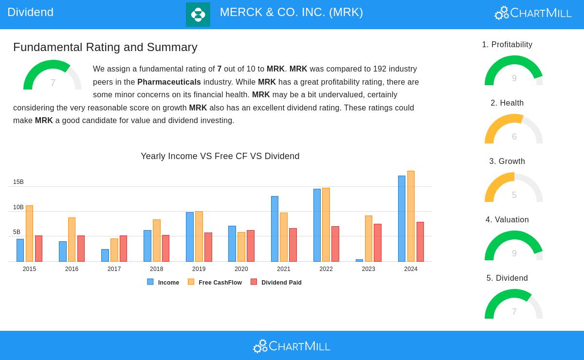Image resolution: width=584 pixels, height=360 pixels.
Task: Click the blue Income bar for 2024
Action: pos(401,218)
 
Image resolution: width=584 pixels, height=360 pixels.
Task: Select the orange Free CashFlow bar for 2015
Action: pos(29,234)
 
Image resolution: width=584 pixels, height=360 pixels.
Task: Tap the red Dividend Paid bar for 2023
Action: pos(378,243)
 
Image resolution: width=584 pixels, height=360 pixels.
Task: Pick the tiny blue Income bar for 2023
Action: pos(359,260)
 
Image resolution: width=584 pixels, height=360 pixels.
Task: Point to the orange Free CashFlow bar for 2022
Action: pos(326,225)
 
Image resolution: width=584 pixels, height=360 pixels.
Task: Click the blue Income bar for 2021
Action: pos(274,229)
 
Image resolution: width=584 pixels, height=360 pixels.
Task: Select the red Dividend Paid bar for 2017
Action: pos(123,249)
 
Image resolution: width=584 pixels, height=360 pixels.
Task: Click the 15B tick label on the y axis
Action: pos(18,182)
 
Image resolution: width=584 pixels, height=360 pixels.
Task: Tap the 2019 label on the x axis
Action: pos(199,269)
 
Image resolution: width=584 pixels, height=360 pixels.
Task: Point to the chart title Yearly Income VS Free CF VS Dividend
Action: pos(220,156)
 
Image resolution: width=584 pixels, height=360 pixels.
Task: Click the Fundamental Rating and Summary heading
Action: pos(105,47)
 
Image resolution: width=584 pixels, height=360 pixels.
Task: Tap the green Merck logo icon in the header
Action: pos(198,15)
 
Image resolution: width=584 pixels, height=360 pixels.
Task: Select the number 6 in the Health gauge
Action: pos(514,137)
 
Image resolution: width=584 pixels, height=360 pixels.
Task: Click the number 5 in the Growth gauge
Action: pos(514,195)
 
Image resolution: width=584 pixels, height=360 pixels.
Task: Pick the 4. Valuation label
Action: pos(507,220)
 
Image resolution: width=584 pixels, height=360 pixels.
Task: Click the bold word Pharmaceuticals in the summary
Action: pos(169,82)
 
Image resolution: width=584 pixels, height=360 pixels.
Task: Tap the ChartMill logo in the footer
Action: pos(292,346)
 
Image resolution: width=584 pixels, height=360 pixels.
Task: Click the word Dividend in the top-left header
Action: pos(30,12)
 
